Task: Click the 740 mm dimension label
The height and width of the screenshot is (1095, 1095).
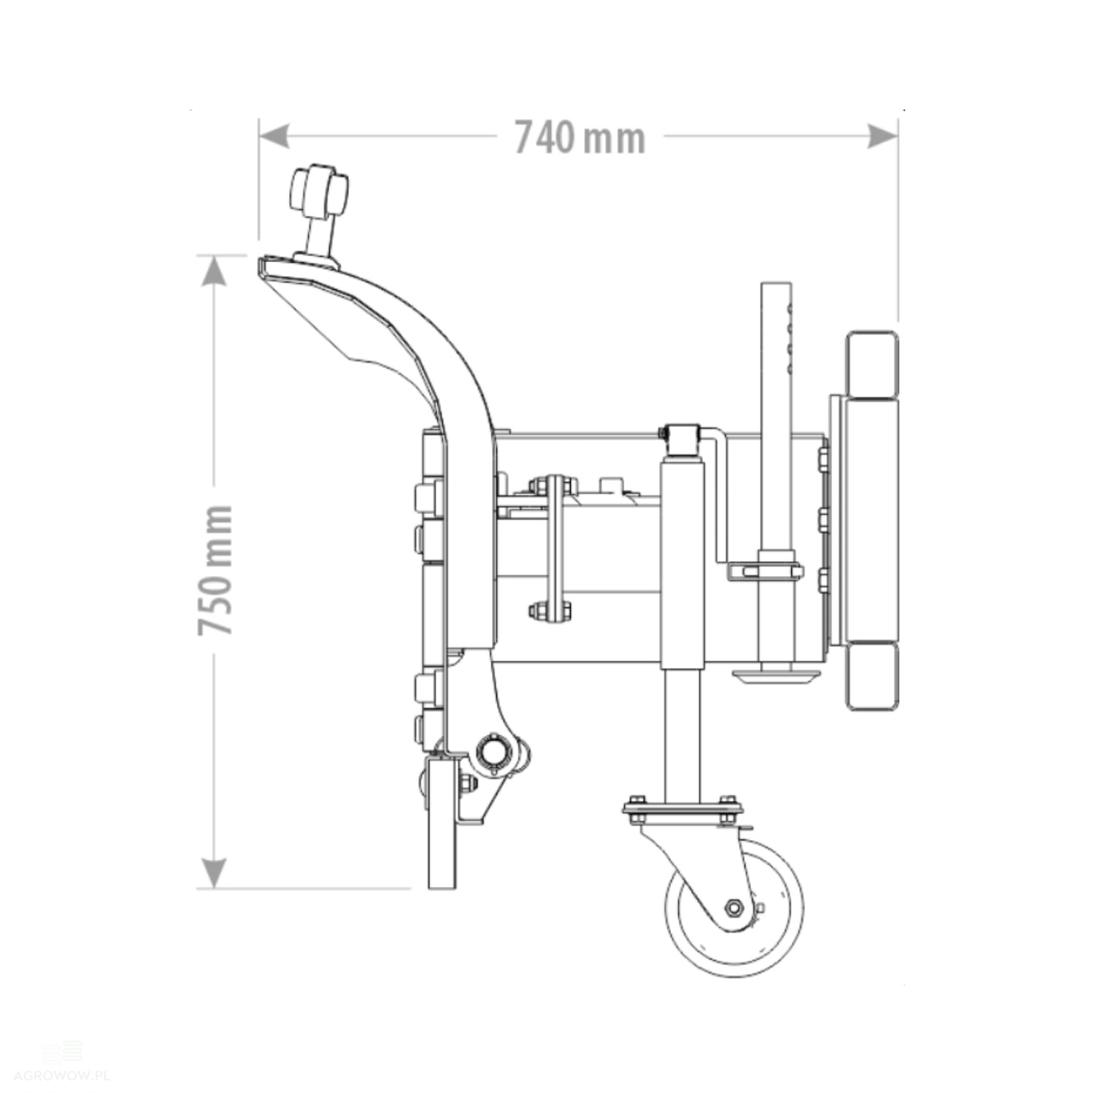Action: [580, 137]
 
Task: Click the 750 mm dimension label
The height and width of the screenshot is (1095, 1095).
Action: [216, 569]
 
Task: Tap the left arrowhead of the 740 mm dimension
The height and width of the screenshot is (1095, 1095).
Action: [274, 136]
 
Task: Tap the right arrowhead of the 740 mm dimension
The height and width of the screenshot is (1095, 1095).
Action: [882, 136]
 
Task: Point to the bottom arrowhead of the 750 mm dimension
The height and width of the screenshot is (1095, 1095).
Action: [213, 873]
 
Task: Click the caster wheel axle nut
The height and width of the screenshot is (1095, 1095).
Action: [734, 908]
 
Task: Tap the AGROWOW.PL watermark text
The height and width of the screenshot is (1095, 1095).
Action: [61, 1076]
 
